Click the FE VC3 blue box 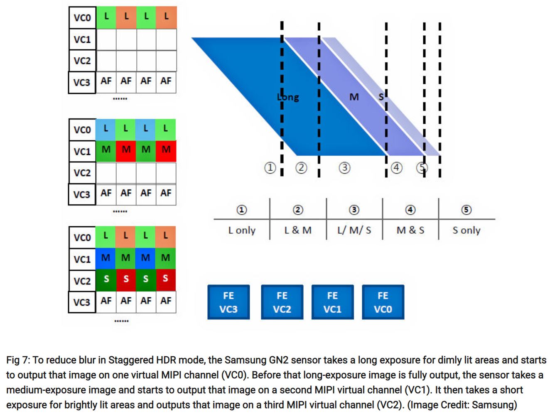(x=228, y=302)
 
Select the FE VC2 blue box (x=282, y=302)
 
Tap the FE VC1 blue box (x=332, y=302)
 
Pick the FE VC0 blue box (x=383, y=302)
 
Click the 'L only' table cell (x=242, y=230)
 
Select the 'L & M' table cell (x=298, y=230)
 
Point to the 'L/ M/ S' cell (x=354, y=230)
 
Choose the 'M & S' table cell (x=410, y=230)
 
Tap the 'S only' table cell (x=466, y=230)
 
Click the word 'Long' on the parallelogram (x=288, y=97)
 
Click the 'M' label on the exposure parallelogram (x=354, y=97)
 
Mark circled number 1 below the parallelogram (x=270, y=168)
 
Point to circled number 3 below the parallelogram (x=344, y=168)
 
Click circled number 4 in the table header (x=410, y=210)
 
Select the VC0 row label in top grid (x=82, y=18)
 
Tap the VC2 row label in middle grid (x=82, y=173)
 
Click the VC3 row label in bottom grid (x=82, y=302)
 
